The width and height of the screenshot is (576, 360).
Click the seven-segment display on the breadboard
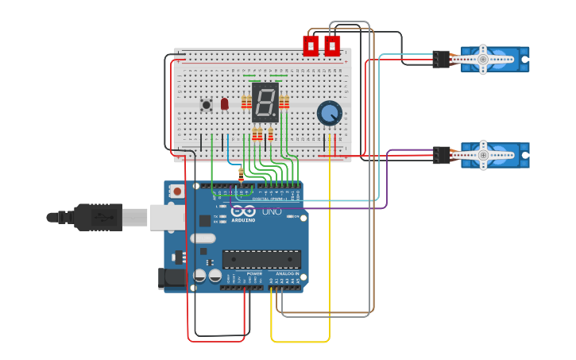[265, 102]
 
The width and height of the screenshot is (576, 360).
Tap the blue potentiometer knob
[329, 113]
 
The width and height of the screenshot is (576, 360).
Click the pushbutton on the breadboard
[207, 104]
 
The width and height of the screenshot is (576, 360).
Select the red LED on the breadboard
[225, 103]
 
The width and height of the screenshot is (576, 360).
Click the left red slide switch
[311, 45]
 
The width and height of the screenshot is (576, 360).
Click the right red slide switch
[332, 45]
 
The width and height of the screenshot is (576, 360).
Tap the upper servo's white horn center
[483, 59]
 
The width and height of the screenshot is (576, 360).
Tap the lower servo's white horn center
[483, 155]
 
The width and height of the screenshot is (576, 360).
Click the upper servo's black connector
[441, 59]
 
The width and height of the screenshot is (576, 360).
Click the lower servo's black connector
[441, 155]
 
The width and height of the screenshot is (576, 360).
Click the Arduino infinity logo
[243, 211]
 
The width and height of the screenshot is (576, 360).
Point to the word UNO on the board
[272, 211]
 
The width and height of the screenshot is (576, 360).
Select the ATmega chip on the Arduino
[261, 259]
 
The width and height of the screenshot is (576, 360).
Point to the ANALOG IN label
[288, 273]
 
